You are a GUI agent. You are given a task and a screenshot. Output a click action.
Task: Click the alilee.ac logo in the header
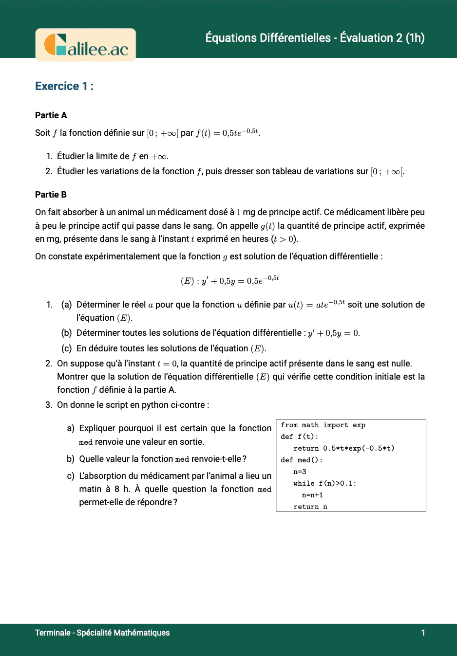tap(86, 45)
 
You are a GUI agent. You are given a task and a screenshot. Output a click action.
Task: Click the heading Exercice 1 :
tap(64, 86)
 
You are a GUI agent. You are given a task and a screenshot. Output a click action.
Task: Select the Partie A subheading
tap(51, 115)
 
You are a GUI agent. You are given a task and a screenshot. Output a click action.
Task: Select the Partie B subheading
tap(51, 195)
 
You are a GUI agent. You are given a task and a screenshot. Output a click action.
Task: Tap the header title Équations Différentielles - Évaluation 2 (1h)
tap(315, 38)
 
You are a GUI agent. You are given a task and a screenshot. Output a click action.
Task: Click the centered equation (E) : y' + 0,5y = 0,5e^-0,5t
tap(229, 280)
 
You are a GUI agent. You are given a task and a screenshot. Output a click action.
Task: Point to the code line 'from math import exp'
tap(323, 425)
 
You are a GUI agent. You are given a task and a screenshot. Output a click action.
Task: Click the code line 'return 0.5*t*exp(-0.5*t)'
tap(343, 449)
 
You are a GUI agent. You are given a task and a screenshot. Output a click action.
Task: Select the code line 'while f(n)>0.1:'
tap(324, 484)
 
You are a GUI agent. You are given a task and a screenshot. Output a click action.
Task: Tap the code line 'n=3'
tap(300, 472)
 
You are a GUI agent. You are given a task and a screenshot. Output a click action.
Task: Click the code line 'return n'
tap(310, 507)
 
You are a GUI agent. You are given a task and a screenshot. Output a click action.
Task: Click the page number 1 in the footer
tap(423, 633)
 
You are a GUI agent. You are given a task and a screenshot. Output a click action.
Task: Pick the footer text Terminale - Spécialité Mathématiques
tap(102, 633)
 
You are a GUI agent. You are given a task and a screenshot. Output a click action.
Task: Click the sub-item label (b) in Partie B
tap(66, 333)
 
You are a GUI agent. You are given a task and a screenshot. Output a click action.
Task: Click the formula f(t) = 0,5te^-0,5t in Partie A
tap(228, 133)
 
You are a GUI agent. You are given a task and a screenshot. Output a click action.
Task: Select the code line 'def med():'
tap(301, 460)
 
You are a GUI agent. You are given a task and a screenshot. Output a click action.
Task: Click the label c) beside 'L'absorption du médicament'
tap(71, 476)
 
